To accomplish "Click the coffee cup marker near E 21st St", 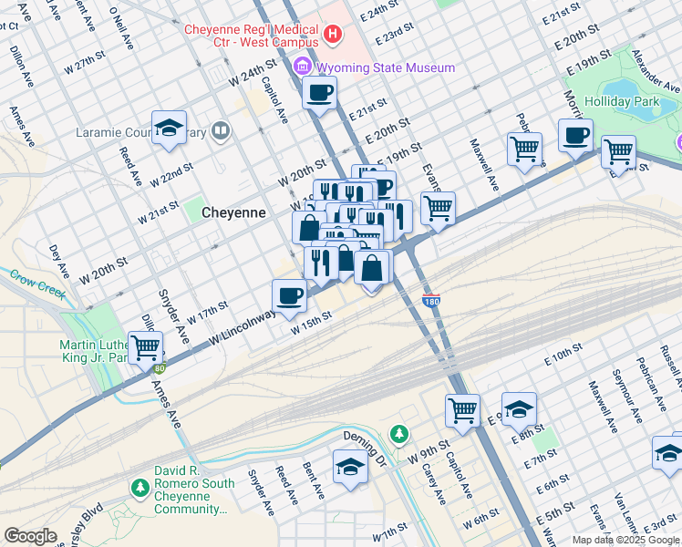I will [319, 92].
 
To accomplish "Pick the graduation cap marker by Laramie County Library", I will [169, 129].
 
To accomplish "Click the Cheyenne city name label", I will [233, 212].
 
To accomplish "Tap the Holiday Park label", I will [647, 102].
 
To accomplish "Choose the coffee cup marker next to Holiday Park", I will [575, 136].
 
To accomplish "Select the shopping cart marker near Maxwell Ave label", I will [525, 148].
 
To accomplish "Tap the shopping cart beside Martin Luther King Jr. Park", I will [146, 346].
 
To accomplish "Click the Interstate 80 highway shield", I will [160, 368].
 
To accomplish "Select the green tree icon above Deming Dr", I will [397, 432].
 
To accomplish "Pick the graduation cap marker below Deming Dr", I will [350, 467].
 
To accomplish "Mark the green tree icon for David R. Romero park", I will [139, 490].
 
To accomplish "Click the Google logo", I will [30, 536].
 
